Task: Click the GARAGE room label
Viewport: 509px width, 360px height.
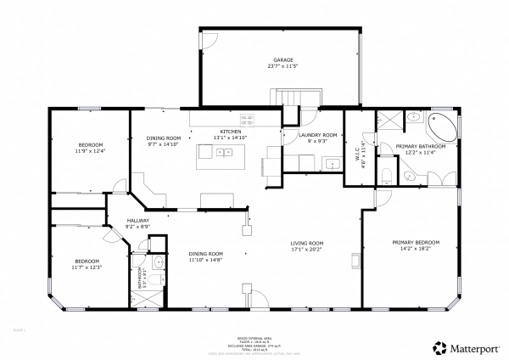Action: click(212, 59)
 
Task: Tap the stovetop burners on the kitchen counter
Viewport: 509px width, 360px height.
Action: click(248, 120)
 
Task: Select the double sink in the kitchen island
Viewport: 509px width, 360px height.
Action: click(225, 153)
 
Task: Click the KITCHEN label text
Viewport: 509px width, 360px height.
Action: click(231, 132)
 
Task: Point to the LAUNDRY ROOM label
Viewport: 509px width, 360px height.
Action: click(318, 135)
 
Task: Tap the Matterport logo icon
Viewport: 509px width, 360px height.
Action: click(439, 347)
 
